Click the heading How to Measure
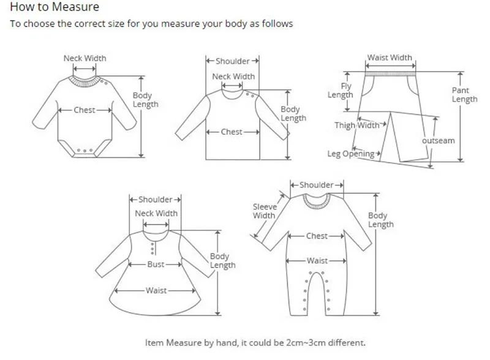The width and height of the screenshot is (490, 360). [54, 8]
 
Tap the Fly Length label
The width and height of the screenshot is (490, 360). [340, 91]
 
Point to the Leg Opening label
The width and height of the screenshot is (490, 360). [351, 154]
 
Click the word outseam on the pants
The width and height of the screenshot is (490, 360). [439, 141]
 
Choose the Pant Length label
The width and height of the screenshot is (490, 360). [464, 94]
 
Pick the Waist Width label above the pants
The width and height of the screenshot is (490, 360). [390, 58]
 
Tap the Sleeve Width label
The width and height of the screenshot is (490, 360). [264, 211]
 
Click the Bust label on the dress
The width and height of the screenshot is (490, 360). [156, 264]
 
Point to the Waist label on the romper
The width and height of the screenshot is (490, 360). [317, 260]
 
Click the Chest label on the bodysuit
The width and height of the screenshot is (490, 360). [85, 110]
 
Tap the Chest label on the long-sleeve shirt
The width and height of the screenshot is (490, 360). [232, 132]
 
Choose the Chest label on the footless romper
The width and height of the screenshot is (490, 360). [317, 236]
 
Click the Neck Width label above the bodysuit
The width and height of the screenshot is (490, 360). [85, 58]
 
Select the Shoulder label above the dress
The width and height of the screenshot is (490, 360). [156, 200]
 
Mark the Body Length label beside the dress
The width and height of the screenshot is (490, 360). [222, 261]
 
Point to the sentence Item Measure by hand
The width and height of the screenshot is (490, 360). [255, 343]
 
